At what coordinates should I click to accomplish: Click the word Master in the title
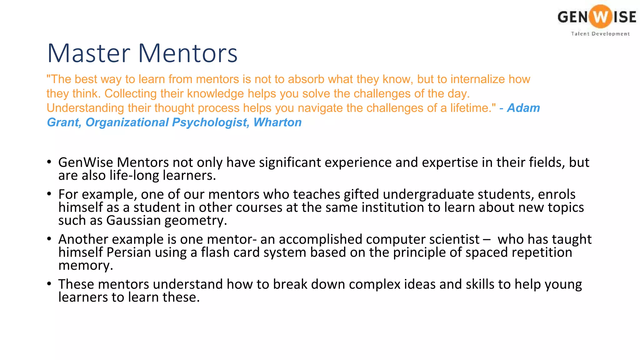coord(88,53)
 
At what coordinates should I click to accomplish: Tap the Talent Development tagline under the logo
coord(600,34)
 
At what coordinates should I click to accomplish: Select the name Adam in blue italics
coord(523,108)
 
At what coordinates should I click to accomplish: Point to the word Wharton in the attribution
coord(277,122)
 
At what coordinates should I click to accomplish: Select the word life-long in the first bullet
coord(134,176)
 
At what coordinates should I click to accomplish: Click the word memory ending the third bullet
coord(85,266)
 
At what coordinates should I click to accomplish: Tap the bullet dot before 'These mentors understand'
coord(49,284)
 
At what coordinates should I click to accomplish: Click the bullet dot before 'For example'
coord(49,194)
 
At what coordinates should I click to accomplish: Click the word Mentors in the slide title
coord(187,53)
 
